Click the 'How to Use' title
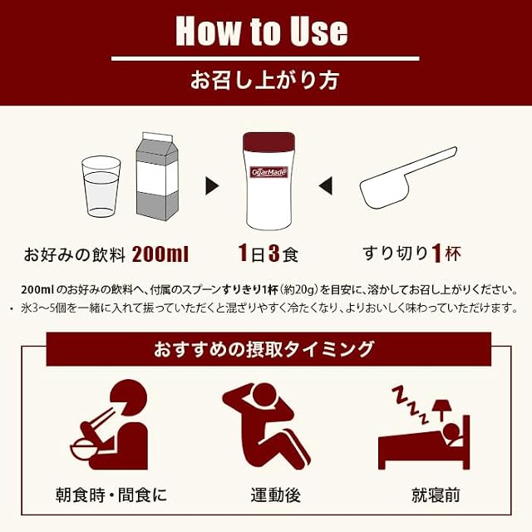[262, 32]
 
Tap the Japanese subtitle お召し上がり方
[264, 81]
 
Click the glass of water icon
[101, 186]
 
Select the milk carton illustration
[157, 176]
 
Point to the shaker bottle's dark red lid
[268, 141]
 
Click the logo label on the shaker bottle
[268, 172]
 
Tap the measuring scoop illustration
[408, 177]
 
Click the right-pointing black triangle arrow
[212, 186]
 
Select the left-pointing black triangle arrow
[325, 186]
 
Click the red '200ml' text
[160, 254]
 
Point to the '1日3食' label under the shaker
[268, 254]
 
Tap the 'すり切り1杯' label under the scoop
[412, 254]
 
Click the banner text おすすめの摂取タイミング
[264, 349]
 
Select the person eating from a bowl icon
[109, 425]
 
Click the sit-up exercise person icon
[266, 426]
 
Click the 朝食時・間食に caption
[111, 495]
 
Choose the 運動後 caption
[275, 495]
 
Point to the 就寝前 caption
[436, 495]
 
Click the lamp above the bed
[441, 410]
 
